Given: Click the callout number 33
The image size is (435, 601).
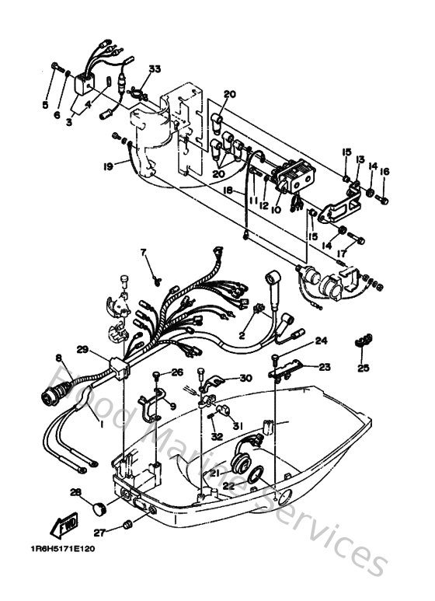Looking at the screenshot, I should tap(155, 70).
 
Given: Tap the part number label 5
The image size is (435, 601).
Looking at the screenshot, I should tap(45, 105).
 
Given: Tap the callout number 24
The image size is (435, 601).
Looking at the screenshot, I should tap(321, 341).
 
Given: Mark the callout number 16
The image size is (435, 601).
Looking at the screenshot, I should tap(385, 173).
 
